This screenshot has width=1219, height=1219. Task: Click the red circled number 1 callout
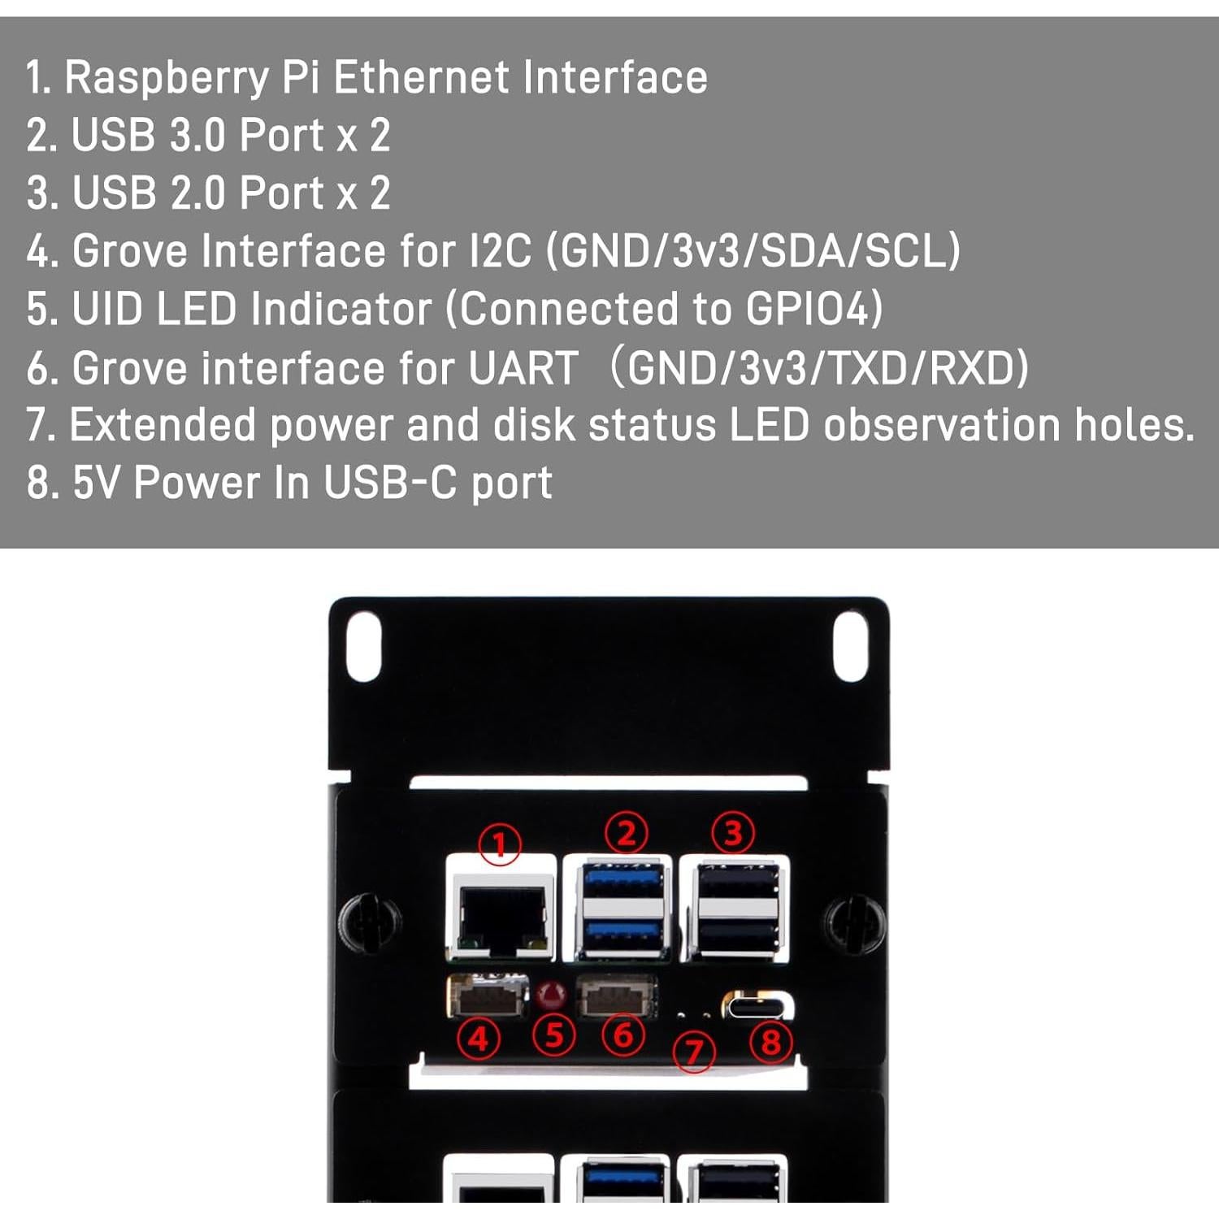[x=499, y=845]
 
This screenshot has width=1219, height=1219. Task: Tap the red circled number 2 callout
[x=627, y=834]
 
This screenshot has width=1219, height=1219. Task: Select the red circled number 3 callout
[x=733, y=833]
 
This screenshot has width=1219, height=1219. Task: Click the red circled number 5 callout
[x=554, y=1036]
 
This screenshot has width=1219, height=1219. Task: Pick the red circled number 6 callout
[x=623, y=1035]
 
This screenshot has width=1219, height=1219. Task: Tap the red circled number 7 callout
[x=694, y=1052]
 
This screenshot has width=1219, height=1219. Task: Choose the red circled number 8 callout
[x=770, y=1042]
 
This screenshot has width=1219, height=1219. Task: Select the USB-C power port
[x=757, y=1006]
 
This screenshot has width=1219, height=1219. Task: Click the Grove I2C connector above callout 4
[x=488, y=996]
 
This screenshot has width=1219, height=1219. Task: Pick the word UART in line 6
[x=523, y=368]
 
